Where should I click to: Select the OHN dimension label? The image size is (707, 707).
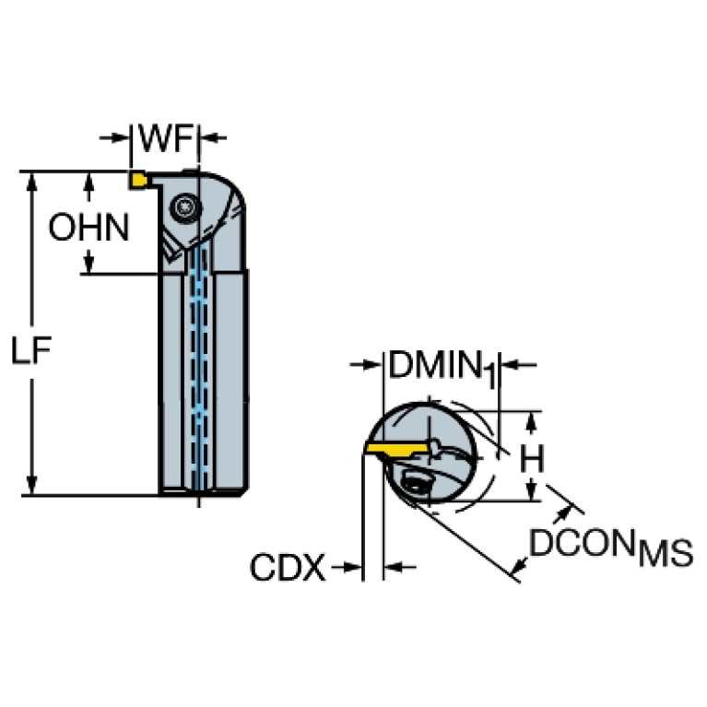click(x=89, y=227)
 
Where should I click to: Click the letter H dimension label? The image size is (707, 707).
click(x=530, y=458)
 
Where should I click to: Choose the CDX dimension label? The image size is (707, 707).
click(x=288, y=567)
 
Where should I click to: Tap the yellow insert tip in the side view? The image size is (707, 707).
click(x=137, y=180)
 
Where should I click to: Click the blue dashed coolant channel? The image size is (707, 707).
click(x=196, y=369)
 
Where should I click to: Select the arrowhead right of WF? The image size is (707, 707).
click(x=211, y=138)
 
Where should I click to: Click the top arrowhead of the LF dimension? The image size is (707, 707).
click(x=32, y=179)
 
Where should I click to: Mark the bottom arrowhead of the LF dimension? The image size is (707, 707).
click(x=32, y=487)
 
